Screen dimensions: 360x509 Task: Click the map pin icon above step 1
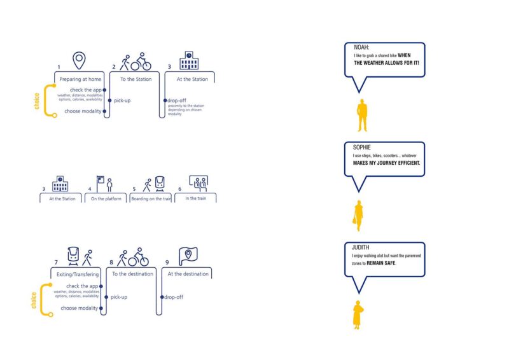[78, 61]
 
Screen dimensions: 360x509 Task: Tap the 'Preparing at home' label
[80, 79]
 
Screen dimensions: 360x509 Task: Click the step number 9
[167, 261]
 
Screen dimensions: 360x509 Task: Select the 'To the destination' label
[132, 274]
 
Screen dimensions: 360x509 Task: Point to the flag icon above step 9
[188, 256]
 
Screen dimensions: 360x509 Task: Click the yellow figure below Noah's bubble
[362, 115]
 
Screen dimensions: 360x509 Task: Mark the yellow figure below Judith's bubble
[358, 315]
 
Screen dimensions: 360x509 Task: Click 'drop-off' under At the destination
[174, 297]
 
